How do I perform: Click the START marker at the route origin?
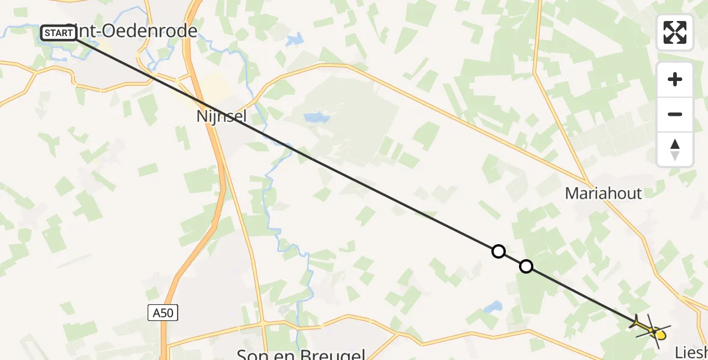[59, 33]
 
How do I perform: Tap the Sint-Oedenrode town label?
[135, 32]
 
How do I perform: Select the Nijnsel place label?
[221, 116]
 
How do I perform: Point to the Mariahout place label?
[603, 193]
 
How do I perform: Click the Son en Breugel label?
[301, 354]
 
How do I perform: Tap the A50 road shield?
[163, 312]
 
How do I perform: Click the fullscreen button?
[675, 32]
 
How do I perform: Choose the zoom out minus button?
[675, 115]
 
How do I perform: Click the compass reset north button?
[675, 149]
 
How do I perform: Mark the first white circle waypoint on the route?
[498, 251]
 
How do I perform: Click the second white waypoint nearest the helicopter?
[526, 266]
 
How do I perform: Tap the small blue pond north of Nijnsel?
[316, 117]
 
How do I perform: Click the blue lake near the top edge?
[295, 41]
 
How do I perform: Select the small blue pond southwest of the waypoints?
[493, 307]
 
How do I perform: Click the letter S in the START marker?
[47, 33]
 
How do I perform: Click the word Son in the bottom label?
[252, 354]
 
